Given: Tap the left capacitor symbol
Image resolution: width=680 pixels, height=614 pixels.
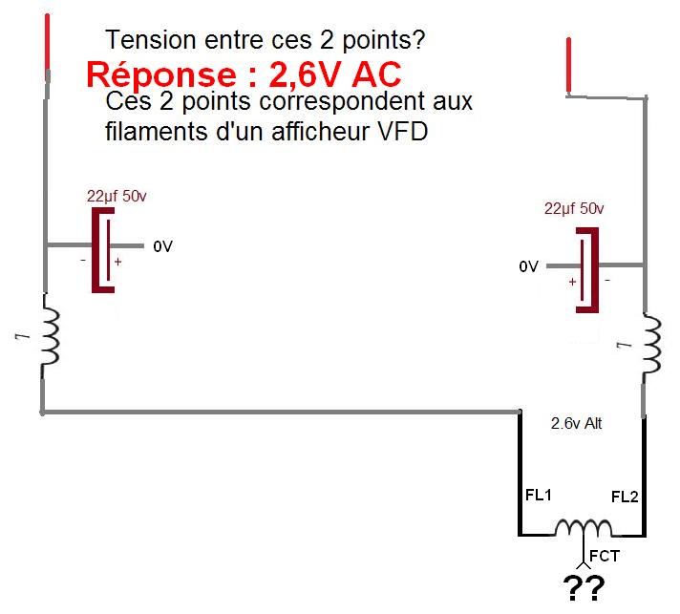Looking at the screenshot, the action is (x=103, y=247).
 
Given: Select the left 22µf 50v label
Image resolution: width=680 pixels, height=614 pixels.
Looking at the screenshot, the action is (x=117, y=196).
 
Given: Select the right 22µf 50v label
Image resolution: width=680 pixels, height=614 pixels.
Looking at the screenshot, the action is (x=574, y=208).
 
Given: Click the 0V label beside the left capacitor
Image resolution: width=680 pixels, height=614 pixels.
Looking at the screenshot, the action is (x=162, y=246).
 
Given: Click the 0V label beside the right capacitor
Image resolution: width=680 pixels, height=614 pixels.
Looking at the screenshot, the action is (x=529, y=267).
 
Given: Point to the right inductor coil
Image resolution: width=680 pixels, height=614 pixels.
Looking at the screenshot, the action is (x=652, y=347).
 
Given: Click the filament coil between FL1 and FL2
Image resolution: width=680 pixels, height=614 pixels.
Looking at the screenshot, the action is (x=584, y=528).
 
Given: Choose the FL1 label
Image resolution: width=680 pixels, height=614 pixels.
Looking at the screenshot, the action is (x=539, y=497).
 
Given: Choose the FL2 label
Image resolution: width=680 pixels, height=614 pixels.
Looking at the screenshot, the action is (x=625, y=497).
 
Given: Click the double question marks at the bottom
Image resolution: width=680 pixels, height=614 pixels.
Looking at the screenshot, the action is (x=584, y=590).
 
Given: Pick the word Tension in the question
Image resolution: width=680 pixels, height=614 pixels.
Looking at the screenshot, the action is (x=143, y=41).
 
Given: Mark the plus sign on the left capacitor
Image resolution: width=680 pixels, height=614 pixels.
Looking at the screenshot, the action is (x=118, y=261).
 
